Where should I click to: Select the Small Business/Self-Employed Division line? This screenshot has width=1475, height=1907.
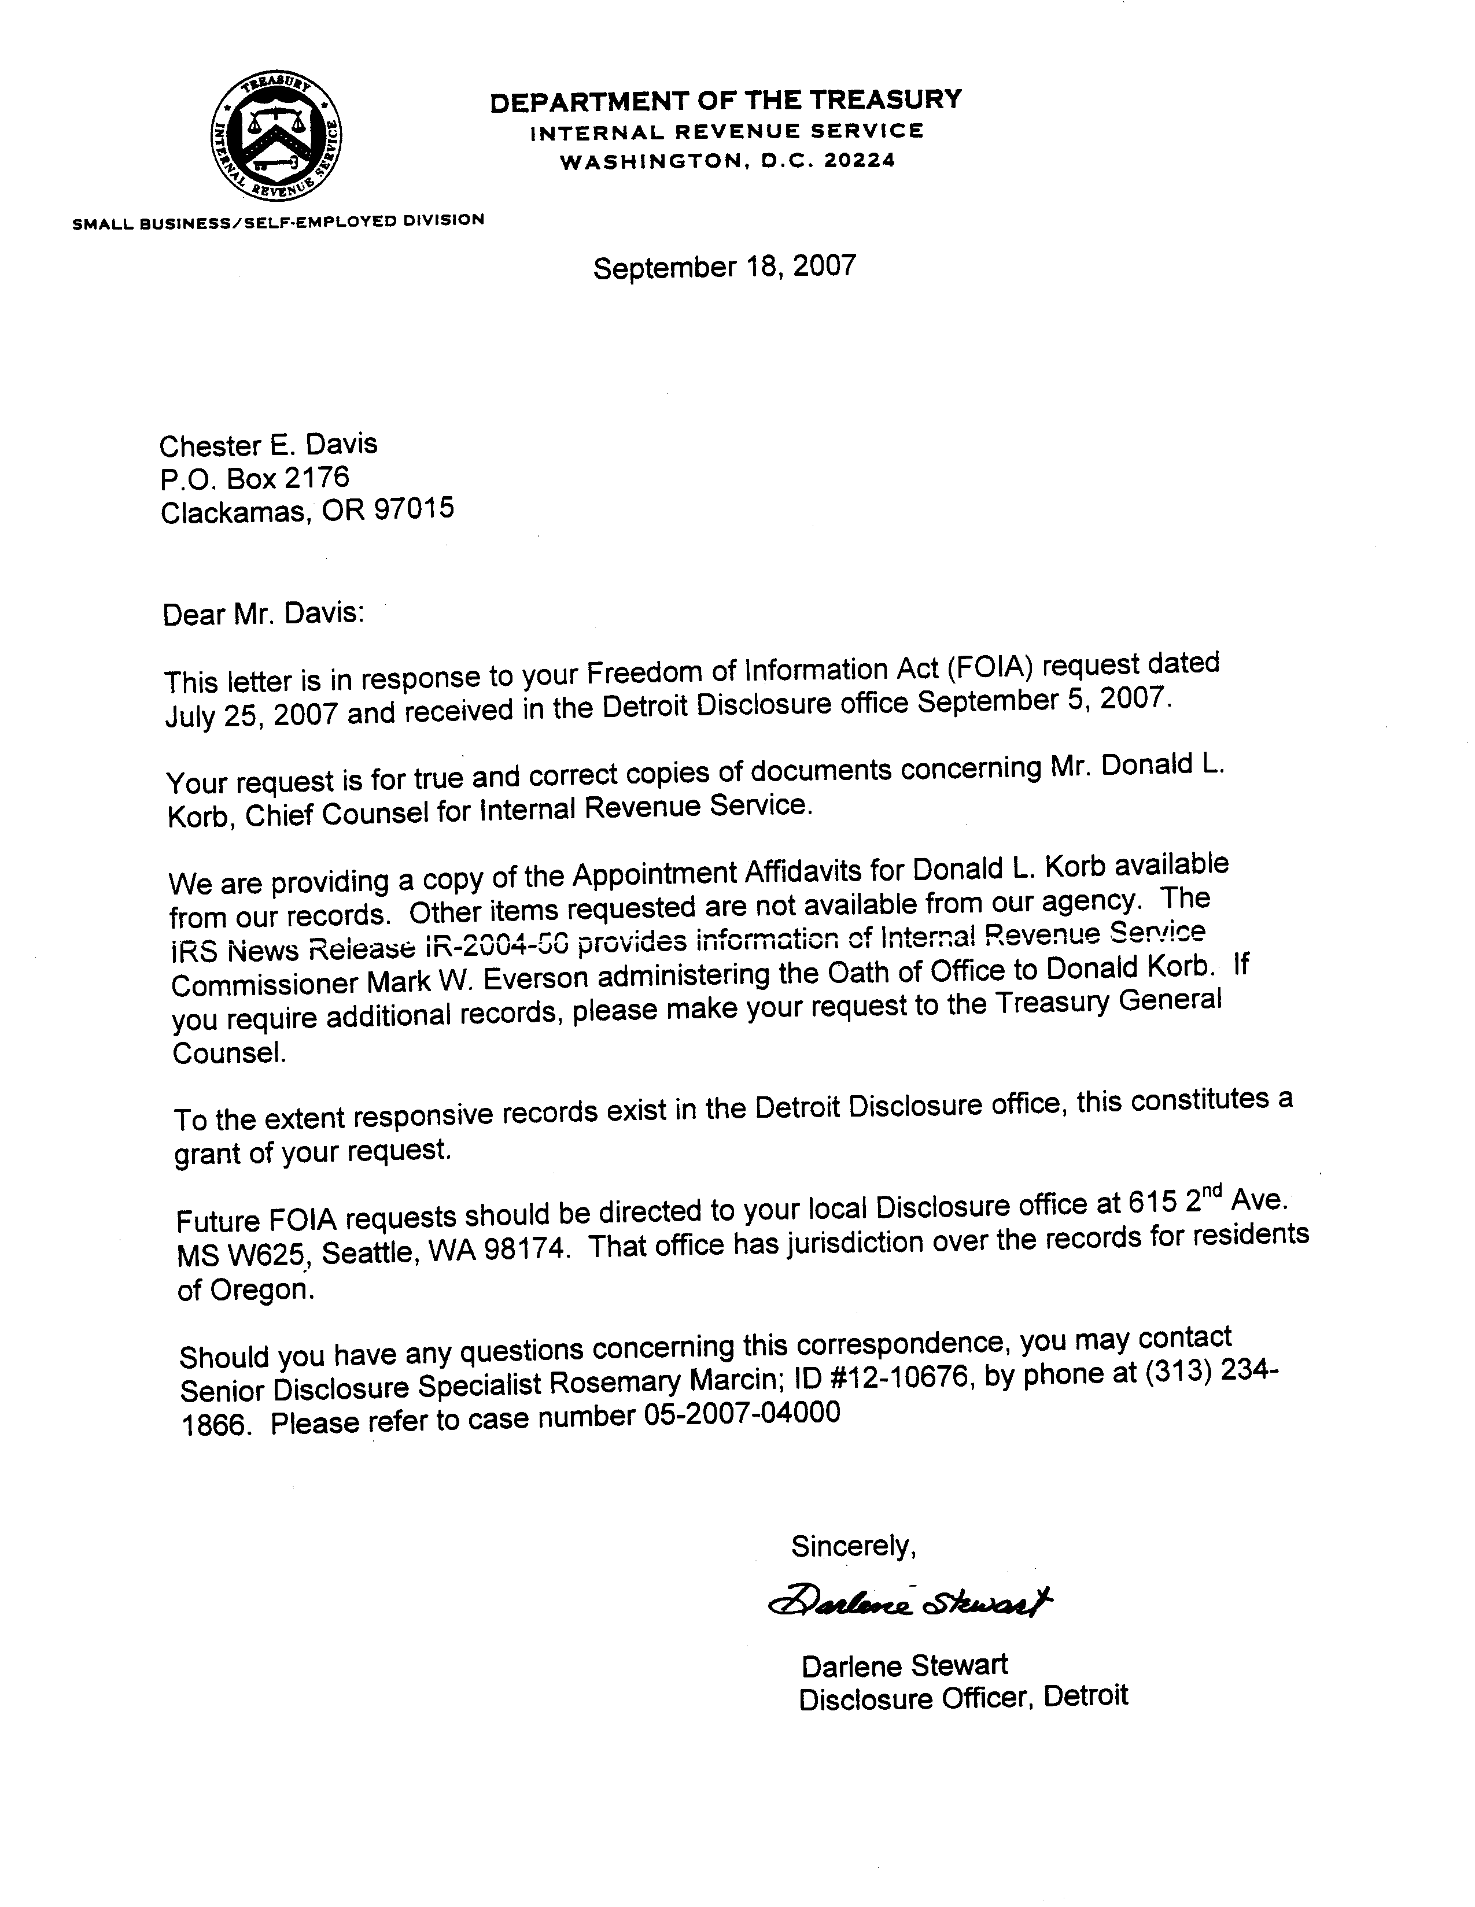point(278,222)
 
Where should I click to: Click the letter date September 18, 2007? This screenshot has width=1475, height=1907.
point(724,267)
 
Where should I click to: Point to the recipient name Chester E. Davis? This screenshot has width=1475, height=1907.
point(268,445)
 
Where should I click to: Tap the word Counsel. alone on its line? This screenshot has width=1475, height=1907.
point(229,1053)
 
